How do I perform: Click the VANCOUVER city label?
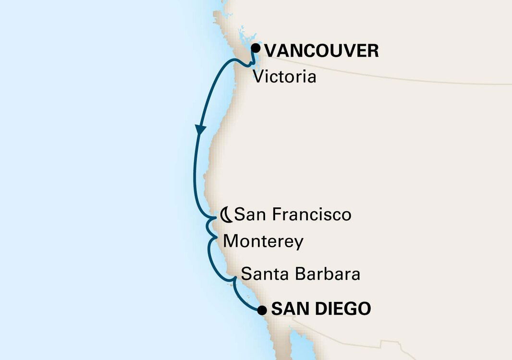pos(321,50)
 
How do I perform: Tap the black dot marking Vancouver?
pos(256,48)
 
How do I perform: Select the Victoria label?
pos(284,77)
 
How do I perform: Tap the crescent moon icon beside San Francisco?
pos(227,215)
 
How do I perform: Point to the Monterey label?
pos(263,241)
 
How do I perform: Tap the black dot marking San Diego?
pos(262,310)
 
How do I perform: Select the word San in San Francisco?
pos(245,215)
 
